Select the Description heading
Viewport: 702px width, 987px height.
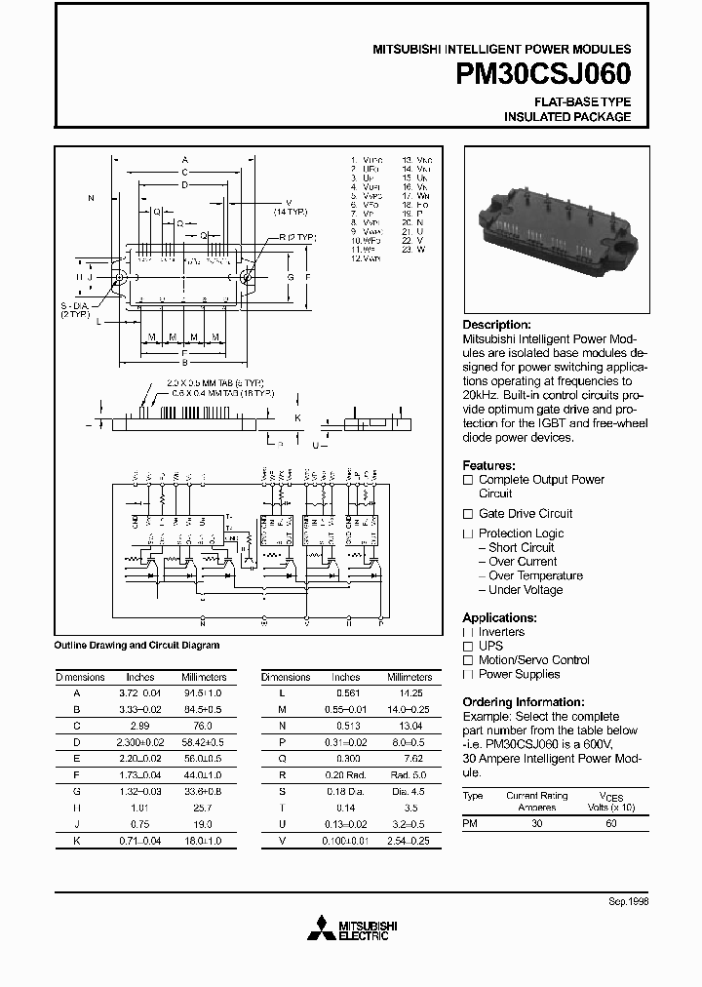pyautogui.click(x=496, y=325)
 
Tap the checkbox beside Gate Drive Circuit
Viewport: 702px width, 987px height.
pyautogui.click(x=468, y=514)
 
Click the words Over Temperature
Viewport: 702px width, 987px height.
pyautogui.click(x=535, y=575)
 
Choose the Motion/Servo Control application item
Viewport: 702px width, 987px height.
pyautogui.click(x=534, y=660)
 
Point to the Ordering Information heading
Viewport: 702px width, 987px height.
pyautogui.click(x=524, y=702)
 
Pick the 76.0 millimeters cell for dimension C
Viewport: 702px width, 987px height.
pyautogui.click(x=203, y=728)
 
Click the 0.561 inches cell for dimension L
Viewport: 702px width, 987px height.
pyautogui.click(x=345, y=691)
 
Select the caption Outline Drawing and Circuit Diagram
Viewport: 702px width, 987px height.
pyautogui.click(x=136, y=645)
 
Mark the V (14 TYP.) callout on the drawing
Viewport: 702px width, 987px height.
pyautogui.click(x=290, y=207)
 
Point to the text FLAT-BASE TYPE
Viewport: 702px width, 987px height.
pyautogui.click(x=582, y=101)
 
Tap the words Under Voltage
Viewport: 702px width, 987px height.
pyautogui.click(x=526, y=590)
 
